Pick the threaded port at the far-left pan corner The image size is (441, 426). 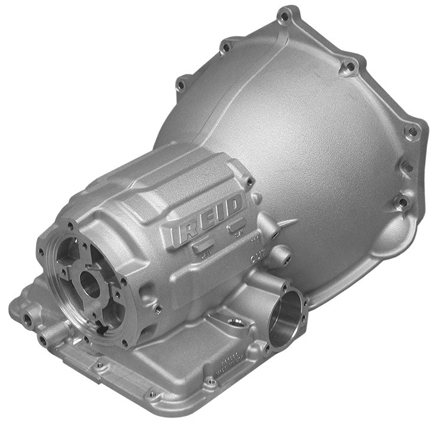tap(27, 319)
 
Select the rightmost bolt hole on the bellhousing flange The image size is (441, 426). tap(412, 131)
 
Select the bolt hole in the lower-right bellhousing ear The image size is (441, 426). tap(403, 203)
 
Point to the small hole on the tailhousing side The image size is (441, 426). tap(157, 307)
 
